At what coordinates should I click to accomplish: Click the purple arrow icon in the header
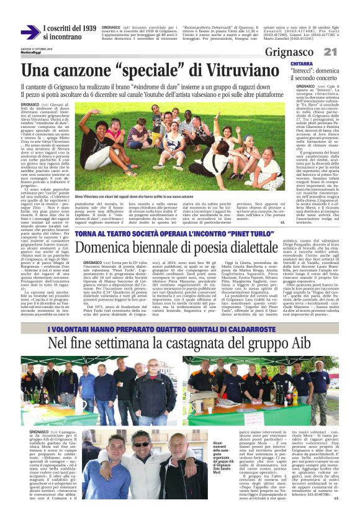coord(30,32)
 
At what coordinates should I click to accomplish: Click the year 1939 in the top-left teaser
coord(89,29)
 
